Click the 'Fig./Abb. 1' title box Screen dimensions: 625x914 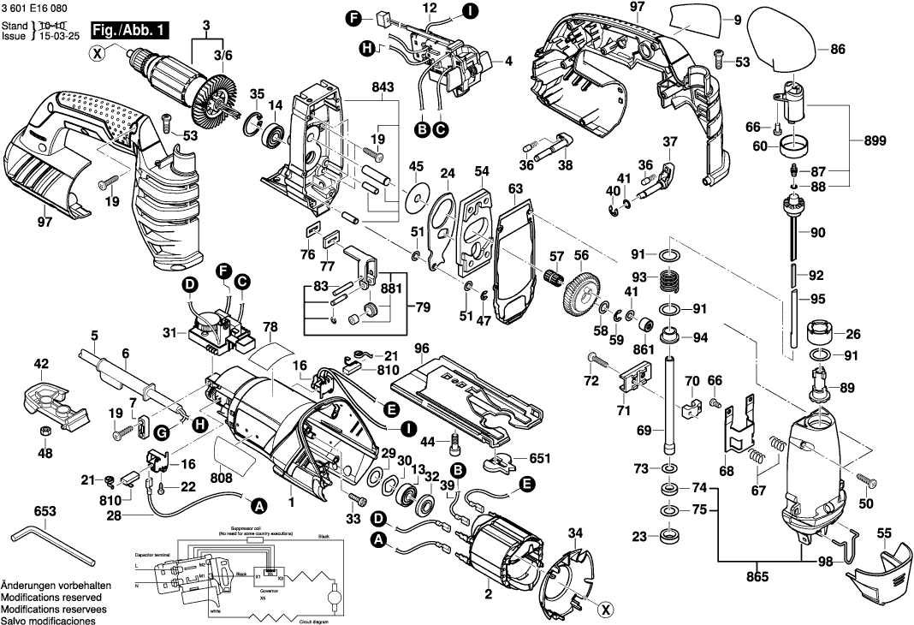[x=130, y=31]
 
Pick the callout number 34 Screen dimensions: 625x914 [x=576, y=533]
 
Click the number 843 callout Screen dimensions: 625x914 [x=383, y=88]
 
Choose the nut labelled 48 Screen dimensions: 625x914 [x=45, y=431]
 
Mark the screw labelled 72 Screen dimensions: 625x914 [x=596, y=359]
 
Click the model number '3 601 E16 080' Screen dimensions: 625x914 [x=36, y=7]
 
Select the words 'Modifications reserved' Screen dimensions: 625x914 [x=51, y=597]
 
